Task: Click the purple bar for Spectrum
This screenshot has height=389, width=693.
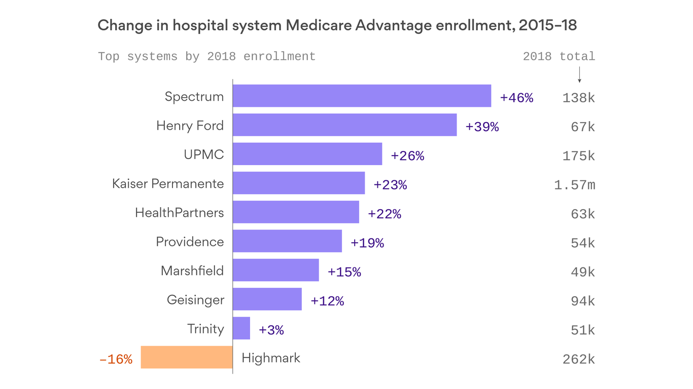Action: click(x=362, y=96)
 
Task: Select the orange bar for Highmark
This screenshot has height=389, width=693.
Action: click(x=187, y=357)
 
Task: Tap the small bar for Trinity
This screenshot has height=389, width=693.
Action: click(x=241, y=328)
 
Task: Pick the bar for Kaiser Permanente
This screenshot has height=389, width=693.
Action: click(x=299, y=183)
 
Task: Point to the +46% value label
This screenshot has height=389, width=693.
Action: click(x=516, y=98)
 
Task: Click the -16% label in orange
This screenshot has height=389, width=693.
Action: click(x=116, y=360)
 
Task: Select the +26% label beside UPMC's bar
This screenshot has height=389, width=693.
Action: click(x=407, y=156)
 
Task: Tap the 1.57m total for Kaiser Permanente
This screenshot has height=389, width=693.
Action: click(x=574, y=185)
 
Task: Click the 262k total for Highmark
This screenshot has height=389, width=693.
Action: click(x=578, y=360)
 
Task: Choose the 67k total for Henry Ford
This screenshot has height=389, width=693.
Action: click(x=582, y=127)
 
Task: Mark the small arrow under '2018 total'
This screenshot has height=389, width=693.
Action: click(x=579, y=75)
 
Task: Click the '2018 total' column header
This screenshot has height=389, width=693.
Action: click(x=559, y=56)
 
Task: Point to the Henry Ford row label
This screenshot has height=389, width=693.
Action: click(x=190, y=125)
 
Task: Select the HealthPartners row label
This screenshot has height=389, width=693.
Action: click(x=179, y=212)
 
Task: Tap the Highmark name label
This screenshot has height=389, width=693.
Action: click(x=271, y=358)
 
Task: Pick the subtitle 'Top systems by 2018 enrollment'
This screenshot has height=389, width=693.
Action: click(x=206, y=56)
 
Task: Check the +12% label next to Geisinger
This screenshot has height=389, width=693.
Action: click(x=327, y=301)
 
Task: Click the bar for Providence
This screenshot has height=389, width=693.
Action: click(x=287, y=241)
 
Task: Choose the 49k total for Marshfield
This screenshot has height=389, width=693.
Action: click(x=582, y=273)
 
